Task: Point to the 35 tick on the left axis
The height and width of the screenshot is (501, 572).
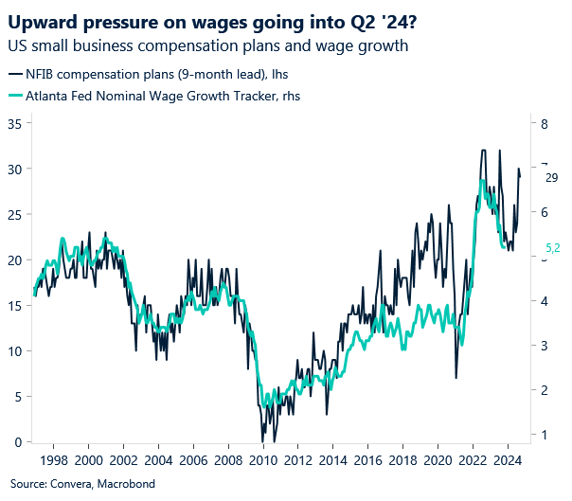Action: click(13, 123)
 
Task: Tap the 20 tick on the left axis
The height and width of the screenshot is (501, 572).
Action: click(13, 259)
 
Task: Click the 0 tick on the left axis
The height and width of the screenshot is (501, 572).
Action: click(17, 442)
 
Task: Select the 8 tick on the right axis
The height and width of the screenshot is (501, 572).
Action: click(544, 123)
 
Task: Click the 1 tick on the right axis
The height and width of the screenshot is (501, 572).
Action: click(544, 435)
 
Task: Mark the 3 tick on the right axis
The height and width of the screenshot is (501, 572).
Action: click(544, 346)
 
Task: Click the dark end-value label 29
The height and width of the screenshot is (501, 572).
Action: click(552, 176)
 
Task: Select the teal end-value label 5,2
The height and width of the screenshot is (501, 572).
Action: click(554, 249)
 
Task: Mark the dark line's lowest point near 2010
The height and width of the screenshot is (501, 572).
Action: click(275, 441)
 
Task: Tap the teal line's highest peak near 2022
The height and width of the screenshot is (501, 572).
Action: click(483, 180)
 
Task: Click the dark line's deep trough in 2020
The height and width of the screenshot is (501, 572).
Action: click(456, 378)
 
